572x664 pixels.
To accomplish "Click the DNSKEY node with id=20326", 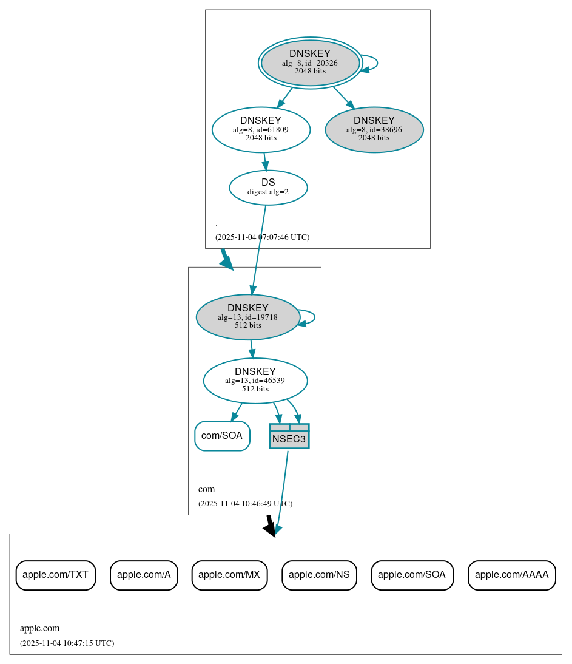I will click(x=310, y=63).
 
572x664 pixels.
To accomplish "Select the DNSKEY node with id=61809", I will click(x=261, y=129).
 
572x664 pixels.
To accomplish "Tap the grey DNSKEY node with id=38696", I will click(x=374, y=129).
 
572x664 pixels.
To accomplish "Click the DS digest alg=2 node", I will click(x=268, y=188).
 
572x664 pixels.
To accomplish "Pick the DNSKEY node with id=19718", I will click(x=247, y=317).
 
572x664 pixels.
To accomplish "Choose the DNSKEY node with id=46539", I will click(x=255, y=381).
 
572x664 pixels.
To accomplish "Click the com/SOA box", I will click(x=222, y=436).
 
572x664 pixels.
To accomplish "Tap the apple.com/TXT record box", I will click(x=56, y=575).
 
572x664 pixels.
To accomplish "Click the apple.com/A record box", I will click(x=144, y=575).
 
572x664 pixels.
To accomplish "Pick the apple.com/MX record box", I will click(x=229, y=575).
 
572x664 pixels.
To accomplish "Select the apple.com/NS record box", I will click(x=319, y=575).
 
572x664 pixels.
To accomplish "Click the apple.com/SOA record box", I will click(x=412, y=575).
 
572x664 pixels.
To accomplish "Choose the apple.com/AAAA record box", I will click(x=511, y=575).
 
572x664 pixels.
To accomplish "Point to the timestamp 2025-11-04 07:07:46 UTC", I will click(x=262, y=237).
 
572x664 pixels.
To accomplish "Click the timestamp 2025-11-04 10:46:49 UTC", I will click(x=245, y=504).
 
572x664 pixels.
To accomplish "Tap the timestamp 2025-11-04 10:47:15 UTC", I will click(x=67, y=643).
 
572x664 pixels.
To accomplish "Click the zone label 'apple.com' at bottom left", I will click(x=40, y=628).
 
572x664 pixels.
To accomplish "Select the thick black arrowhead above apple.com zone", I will click(x=270, y=529).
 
